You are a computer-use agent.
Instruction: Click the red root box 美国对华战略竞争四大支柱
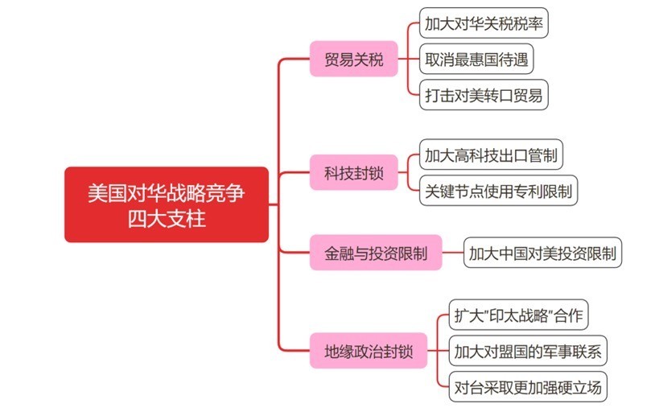click(167, 204)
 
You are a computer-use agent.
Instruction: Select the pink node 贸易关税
click(354, 59)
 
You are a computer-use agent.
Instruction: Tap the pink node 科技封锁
click(354, 172)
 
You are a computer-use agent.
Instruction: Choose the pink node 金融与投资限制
click(376, 253)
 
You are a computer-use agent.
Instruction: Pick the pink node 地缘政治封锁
click(369, 351)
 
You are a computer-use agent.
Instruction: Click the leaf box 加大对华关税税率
click(484, 23)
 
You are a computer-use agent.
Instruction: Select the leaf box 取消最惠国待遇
click(476, 59)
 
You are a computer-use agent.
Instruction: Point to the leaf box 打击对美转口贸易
click(484, 95)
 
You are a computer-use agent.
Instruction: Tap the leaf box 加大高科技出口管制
click(491, 155)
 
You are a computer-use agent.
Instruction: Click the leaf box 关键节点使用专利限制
click(498, 191)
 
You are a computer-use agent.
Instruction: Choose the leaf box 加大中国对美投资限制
click(542, 253)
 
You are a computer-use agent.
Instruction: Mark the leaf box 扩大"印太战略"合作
click(518, 315)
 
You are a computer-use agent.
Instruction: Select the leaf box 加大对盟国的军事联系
click(528, 351)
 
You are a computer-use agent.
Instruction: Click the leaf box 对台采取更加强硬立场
click(528, 387)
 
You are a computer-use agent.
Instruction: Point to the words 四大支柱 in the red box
click(167, 218)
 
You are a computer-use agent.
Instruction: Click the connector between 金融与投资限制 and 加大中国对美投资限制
click(452, 253)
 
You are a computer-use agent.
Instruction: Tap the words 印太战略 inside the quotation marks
click(519, 315)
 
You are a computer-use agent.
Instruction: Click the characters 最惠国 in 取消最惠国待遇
click(476, 60)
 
